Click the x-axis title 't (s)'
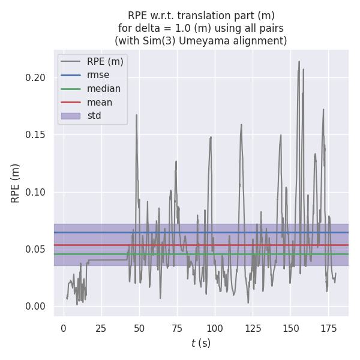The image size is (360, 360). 201,343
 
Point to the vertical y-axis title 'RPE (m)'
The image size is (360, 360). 16,183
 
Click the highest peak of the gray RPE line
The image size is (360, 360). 299,61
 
